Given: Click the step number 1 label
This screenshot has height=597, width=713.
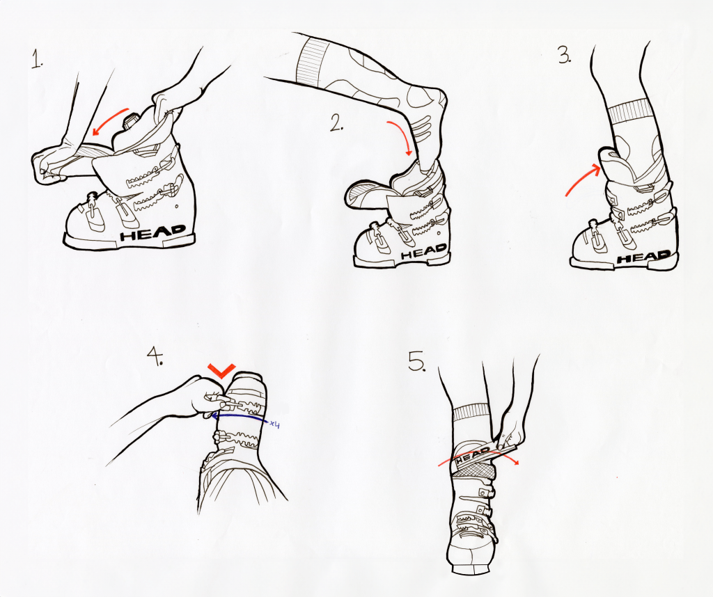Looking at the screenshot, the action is pos(37,60).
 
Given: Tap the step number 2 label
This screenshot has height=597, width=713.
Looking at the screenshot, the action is pos(336,122).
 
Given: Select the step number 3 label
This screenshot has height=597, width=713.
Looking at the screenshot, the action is pos(564,56).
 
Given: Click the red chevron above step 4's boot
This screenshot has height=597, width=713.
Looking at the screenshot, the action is pos(221,370).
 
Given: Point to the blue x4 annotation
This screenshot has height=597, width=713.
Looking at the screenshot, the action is pos(274,424).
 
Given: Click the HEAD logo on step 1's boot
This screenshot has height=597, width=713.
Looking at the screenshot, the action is pos(152,232).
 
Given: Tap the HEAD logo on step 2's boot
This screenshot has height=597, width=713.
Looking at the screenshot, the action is pos(423,251).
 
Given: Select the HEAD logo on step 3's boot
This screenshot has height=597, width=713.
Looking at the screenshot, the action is pos(643,257).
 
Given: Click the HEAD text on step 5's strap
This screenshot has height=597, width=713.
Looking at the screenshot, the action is pos(473,456).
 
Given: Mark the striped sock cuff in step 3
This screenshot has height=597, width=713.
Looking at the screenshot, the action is pos(629,111).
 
